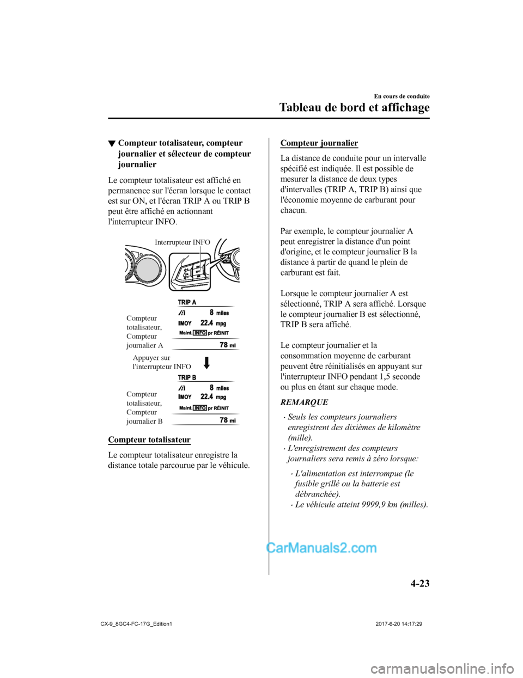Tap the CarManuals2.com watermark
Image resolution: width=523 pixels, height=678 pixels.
322,557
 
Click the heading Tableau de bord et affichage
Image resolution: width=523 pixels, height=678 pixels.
355,107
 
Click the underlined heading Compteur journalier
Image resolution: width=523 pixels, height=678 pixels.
319,143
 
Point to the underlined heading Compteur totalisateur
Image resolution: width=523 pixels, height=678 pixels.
149,439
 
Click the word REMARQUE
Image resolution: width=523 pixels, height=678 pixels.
304,402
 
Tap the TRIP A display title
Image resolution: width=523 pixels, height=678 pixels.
187,302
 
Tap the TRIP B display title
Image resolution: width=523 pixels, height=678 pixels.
187,377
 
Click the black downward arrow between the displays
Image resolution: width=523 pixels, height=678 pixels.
206,363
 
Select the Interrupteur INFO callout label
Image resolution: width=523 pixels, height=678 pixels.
183,242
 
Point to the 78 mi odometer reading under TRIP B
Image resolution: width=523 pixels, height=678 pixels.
228,420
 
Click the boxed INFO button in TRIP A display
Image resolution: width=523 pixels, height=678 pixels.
200,333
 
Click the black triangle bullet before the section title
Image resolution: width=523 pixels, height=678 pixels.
112,144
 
